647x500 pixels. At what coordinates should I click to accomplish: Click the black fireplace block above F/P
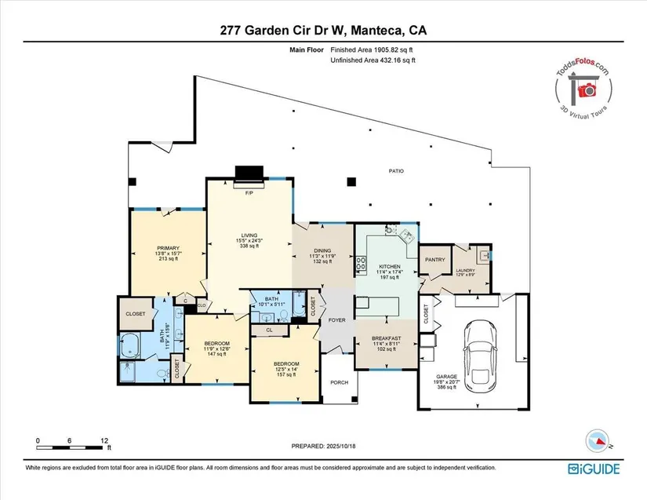249,173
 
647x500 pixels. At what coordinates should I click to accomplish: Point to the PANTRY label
435,260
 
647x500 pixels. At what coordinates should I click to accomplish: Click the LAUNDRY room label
466,270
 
